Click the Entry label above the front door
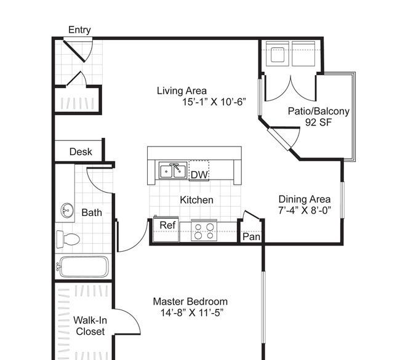[79, 30]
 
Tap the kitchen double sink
[173, 170]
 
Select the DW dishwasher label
[199, 175]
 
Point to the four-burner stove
[204, 231]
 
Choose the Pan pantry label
[251, 236]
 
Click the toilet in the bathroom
[68, 239]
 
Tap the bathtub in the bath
[83, 267]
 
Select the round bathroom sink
[67, 210]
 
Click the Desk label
[81, 152]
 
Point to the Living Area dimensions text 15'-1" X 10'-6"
[214, 102]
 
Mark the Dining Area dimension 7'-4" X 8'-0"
[305, 210]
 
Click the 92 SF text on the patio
[318, 122]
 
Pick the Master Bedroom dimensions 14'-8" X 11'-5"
[192, 313]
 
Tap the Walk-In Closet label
[90, 326]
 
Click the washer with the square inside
[278, 54]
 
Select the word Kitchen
[196, 200]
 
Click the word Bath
[92, 212]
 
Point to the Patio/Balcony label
[319, 111]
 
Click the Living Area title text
[182, 91]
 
